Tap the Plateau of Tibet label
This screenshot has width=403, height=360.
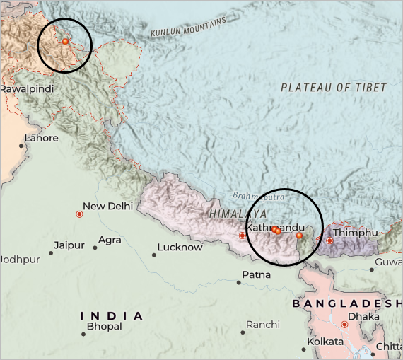tap(334, 88)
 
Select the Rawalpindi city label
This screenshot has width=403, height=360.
tap(27, 89)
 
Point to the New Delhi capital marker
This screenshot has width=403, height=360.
tap(79, 214)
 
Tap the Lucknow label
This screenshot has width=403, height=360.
tap(180, 247)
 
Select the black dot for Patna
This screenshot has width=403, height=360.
tap(239, 283)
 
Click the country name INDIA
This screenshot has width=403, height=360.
tap(112, 315)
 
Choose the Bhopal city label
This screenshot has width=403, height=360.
tap(104, 326)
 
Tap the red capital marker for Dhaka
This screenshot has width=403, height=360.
tap(344, 325)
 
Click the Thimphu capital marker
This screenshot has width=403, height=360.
tap(329, 240)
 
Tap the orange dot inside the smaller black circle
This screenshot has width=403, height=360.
tap(65, 42)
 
